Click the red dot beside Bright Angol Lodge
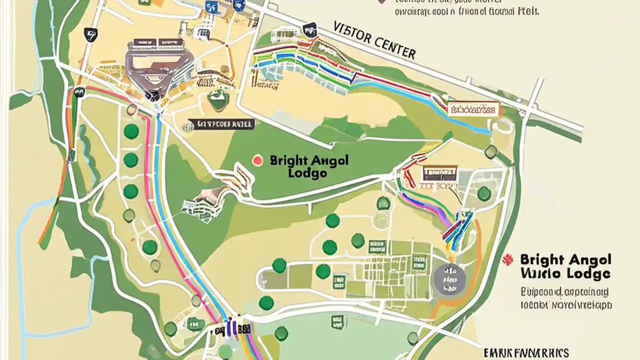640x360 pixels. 257,160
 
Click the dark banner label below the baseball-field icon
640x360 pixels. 221,124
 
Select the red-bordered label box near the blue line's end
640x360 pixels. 473,109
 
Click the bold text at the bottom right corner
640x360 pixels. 526,352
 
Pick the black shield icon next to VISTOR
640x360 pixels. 310,29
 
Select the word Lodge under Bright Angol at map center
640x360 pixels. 307,173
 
